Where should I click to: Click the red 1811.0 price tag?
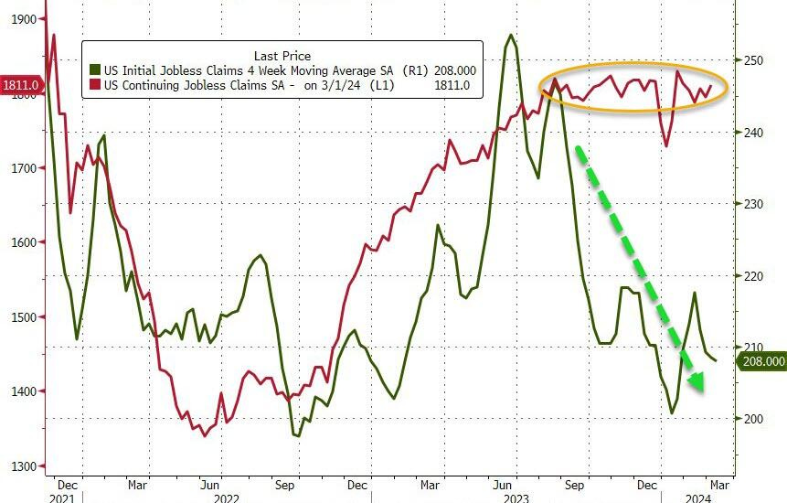click(20, 86)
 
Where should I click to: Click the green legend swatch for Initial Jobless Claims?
click(94, 70)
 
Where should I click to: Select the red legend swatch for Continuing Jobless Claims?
click(94, 85)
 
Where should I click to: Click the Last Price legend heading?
click(282, 56)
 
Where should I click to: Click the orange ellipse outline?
click(633, 64)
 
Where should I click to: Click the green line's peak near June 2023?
click(510, 36)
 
